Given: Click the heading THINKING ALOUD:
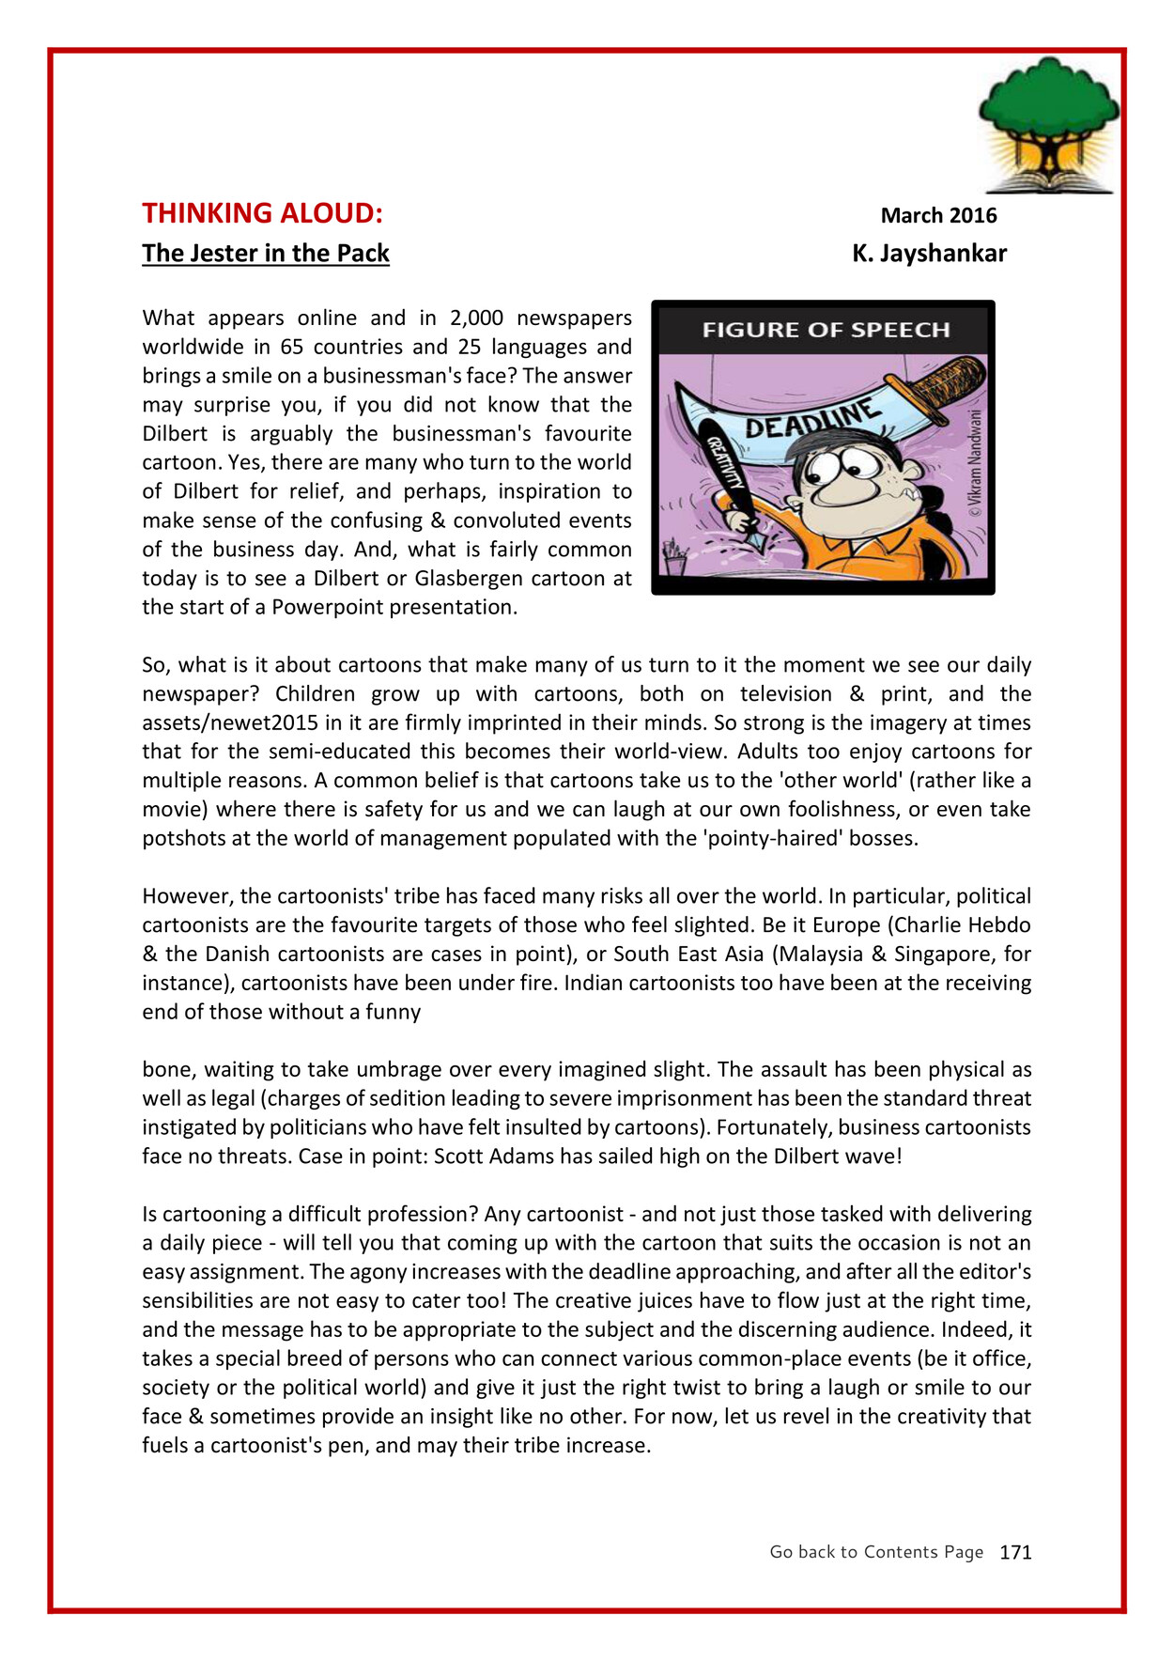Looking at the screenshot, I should point(262,213).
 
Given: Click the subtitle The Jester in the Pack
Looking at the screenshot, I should point(266,254).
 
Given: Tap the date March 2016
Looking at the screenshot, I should point(938,215).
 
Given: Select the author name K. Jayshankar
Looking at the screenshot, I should point(929,254).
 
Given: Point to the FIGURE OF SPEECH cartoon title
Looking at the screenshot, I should point(826,330).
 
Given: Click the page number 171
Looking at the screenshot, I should point(1015,1553).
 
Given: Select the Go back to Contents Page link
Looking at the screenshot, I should point(876,1552).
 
